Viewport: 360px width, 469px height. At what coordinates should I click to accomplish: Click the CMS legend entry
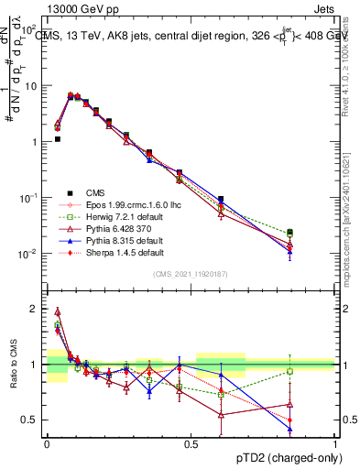(x=95, y=192)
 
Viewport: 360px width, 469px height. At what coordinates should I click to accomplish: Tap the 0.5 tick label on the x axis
(x=191, y=442)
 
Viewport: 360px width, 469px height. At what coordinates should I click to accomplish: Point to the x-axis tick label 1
(x=334, y=442)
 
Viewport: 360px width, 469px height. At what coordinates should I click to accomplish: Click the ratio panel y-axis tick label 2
(x=34, y=309)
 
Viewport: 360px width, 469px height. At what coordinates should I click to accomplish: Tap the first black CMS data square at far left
(x=57, y=139)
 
